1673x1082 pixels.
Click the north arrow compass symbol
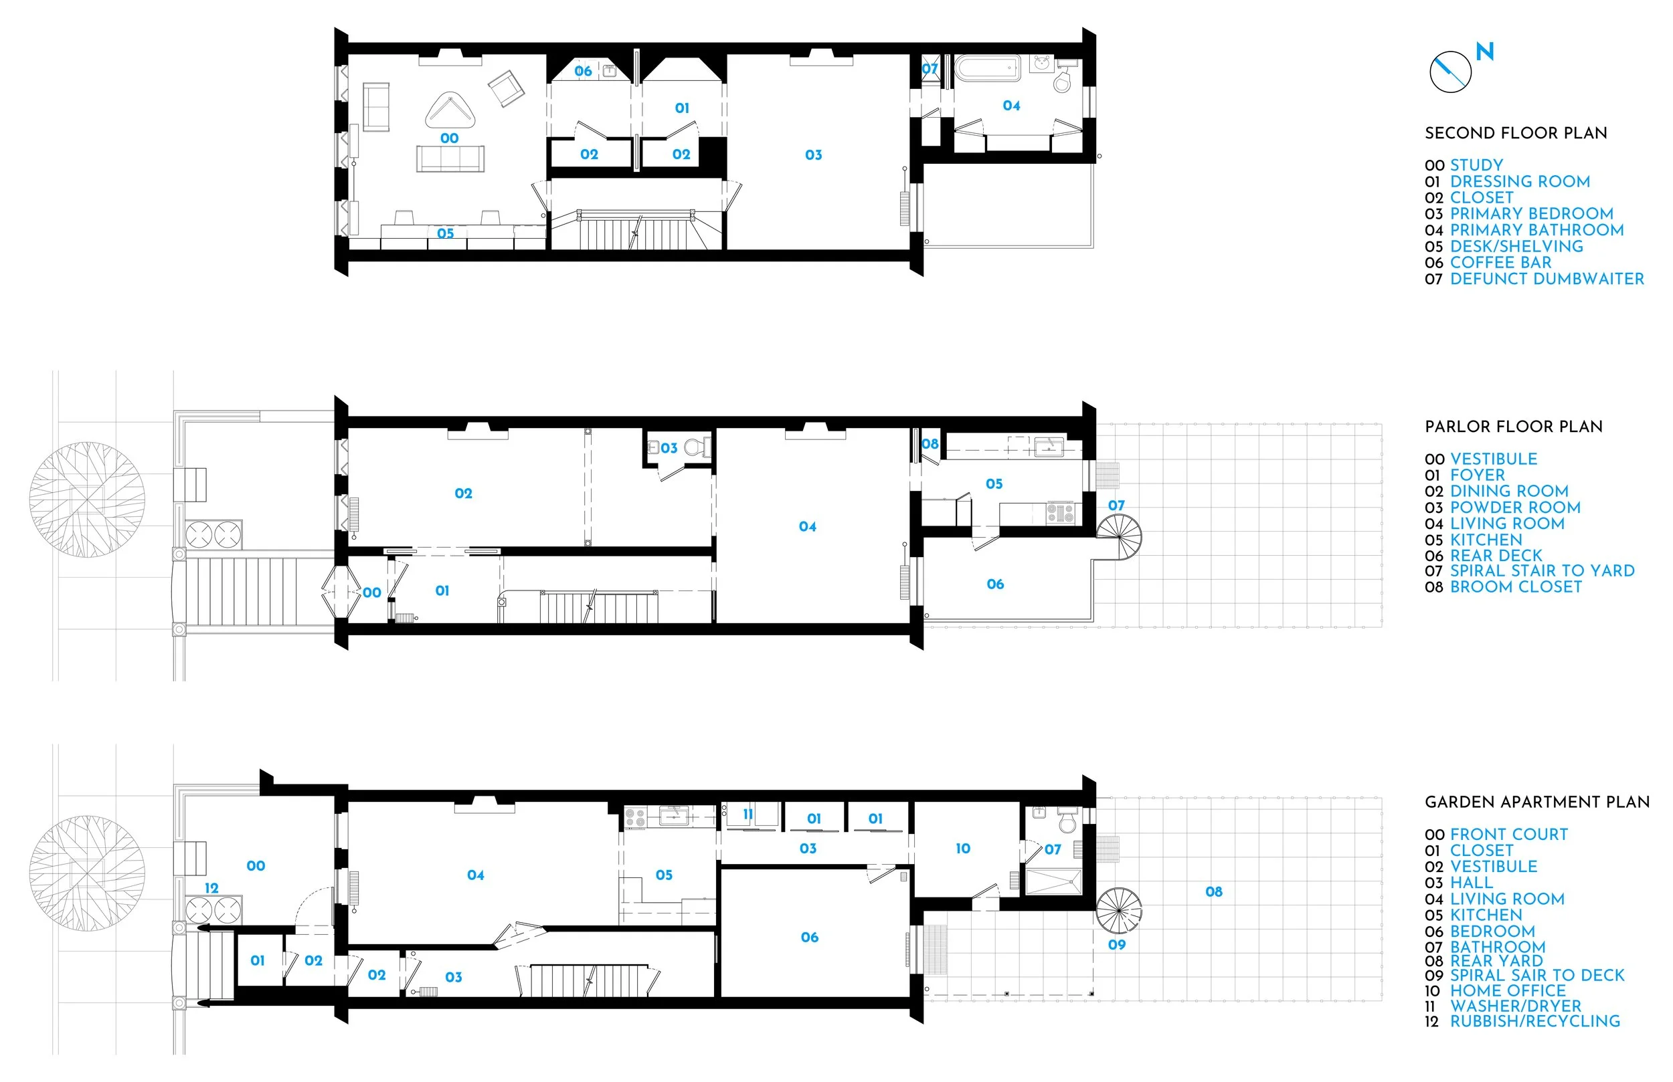1450,72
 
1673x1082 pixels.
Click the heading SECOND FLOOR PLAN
1516,134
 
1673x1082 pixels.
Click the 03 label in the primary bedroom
813,154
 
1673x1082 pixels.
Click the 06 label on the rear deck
994,584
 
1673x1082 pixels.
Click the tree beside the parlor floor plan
87,500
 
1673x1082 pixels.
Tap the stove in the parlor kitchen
1060,513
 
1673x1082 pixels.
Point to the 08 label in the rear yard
1213,891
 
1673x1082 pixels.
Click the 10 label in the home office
962,849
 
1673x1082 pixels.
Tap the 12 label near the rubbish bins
211,888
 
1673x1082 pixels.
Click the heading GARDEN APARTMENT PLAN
1536,802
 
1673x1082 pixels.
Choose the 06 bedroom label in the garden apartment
809,938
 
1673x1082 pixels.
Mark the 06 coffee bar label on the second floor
583,71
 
